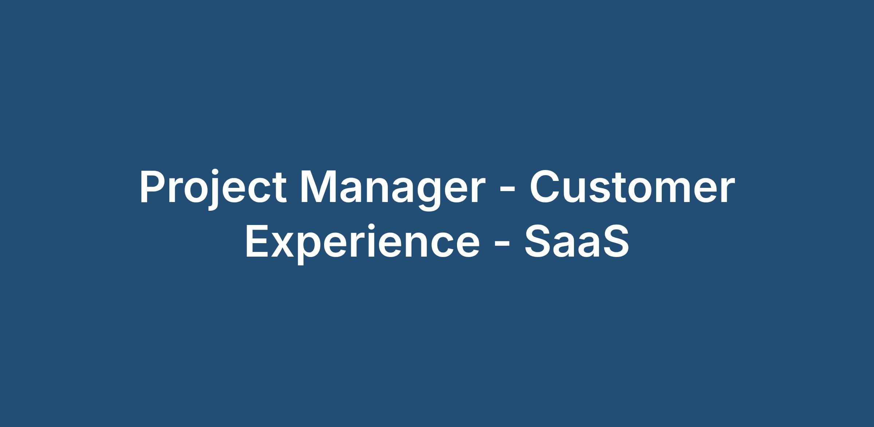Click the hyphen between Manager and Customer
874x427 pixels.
coord(508,191)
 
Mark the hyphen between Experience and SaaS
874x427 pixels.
coord(502,245)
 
